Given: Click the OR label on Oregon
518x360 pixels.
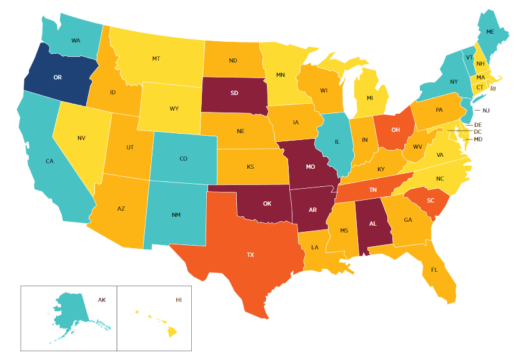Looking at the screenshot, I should click(57, 77).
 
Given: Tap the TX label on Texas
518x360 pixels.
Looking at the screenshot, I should click(251, 255).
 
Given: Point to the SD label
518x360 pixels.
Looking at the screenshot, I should click(234, 94).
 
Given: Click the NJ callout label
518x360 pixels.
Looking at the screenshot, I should click(486, 111).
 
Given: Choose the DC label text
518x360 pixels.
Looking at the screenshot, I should click(477, 132).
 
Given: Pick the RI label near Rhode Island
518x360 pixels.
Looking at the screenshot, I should click(492, 89).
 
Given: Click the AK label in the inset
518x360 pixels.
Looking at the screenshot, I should click(102, 300).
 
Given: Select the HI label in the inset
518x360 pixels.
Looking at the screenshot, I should click(179, 300).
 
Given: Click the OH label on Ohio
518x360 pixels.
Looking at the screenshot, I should click(396, 130).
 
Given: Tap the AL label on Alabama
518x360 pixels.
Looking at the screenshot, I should click(372, 223).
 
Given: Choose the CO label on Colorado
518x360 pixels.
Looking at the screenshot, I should click(183, 159).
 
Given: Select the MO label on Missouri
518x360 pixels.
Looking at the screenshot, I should click(311, 167).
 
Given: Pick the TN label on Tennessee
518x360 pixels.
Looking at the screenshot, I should click(372, 190).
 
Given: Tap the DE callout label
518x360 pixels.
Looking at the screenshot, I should click(477, 125).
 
